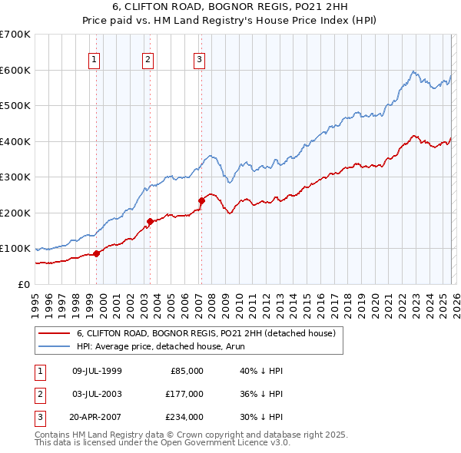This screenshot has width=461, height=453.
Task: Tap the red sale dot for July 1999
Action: pyautogui.click(x=97, y=253)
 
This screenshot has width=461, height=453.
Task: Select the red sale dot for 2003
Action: pyautogui.click(x=150, y=221)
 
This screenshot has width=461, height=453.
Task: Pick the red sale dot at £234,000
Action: pyautogui.click(x=201, y=200)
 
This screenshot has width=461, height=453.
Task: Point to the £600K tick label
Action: pyautogui.click(x=15, y=70)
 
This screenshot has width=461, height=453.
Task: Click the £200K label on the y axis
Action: pyautogui.click(x=15, y=213)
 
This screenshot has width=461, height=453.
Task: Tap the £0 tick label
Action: pyautogui.click(x=23, y=284)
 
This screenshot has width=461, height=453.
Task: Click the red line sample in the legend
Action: pyautogui.click(x=54, y=334)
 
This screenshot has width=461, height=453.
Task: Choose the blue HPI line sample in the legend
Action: pyautogui.click(x=54, y=347)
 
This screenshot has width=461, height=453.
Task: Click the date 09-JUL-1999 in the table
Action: pyautogui.click(x=97, y=370)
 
